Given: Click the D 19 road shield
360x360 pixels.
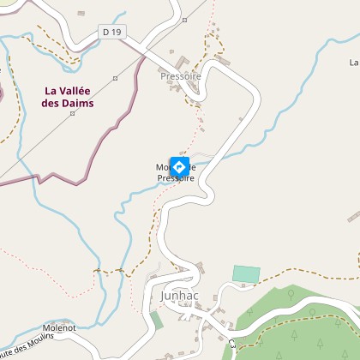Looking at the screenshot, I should click(111, 32).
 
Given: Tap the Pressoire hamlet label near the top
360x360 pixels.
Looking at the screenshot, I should click(180, 75).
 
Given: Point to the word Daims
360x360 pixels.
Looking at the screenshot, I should click(79, 104).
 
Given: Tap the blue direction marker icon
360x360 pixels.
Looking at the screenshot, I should click(180, 166).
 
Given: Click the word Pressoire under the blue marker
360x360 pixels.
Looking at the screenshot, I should click(176, 178).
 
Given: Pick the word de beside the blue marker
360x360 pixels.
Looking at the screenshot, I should click(192, 167).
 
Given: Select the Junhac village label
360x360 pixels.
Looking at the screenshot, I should click(178, 295).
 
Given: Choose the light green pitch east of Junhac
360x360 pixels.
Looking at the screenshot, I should click(246, 274).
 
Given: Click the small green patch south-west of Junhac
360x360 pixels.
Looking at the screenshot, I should click(156, 320).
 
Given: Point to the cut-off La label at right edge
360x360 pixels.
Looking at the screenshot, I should click(354, 63).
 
